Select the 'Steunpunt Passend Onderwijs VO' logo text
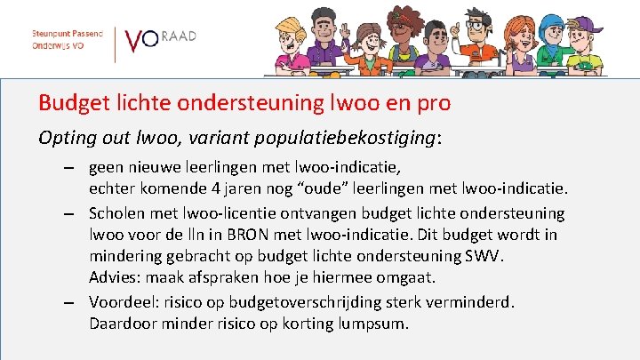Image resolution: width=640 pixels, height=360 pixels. coord(68,38)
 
